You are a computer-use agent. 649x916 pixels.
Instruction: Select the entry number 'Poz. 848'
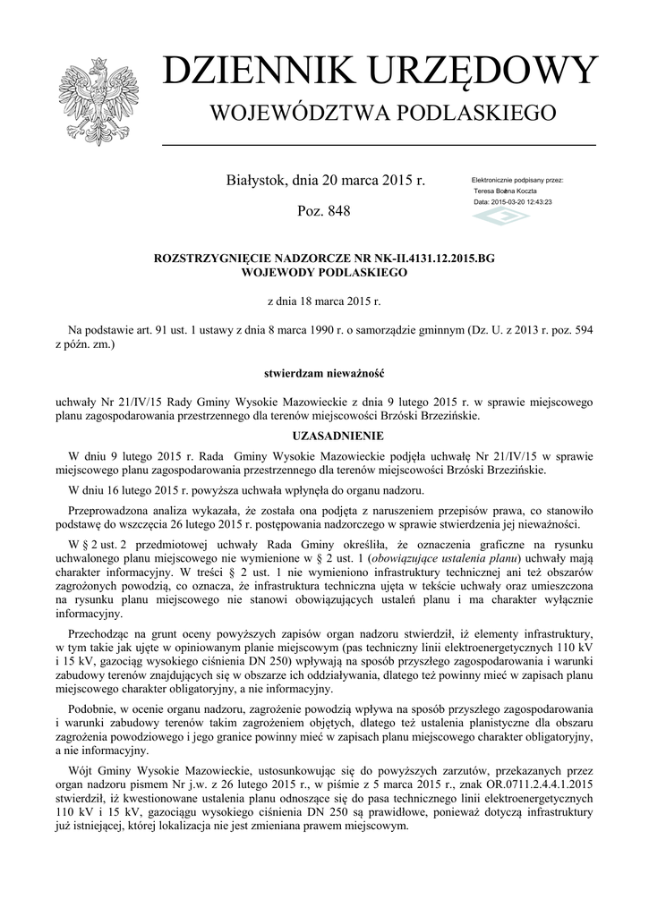[323, 211]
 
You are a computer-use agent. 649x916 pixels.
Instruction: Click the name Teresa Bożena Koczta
[504, 191]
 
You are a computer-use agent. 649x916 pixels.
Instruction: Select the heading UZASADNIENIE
[324, 437]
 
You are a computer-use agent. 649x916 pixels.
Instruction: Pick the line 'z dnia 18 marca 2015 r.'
[324, 301]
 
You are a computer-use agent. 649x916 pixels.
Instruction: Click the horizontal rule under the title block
[379, 145]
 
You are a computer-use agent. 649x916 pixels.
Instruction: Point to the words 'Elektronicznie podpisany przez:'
[517, 180]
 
